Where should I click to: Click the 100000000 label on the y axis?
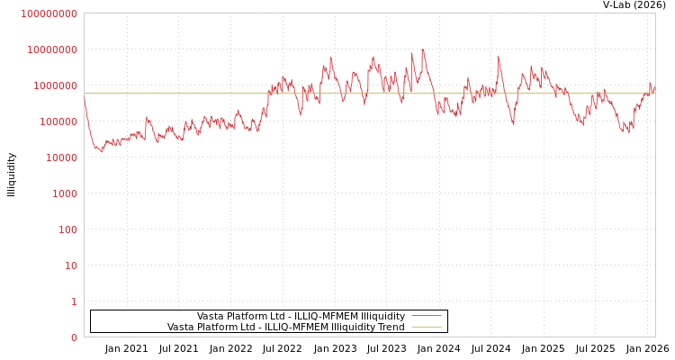(x=49, y=13)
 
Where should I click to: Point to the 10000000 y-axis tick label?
(x=52, y=49)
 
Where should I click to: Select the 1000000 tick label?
(x=55, y=85)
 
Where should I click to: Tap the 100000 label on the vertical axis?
(x=58, y=121)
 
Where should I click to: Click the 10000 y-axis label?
(x=60, y=157)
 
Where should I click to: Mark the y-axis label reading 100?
(x=67, y=229)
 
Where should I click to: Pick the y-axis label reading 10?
(x=70, y=265)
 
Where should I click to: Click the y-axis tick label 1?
(x=74, y=301)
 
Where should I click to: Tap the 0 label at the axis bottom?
(x=74, y=337)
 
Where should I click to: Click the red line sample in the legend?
(x=426, y=316)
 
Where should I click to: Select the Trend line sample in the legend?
(x=426, y=328)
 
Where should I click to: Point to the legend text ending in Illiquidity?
(x=301, y=316)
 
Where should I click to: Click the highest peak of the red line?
(x=422, y=49)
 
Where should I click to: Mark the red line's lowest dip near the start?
(x=101, y=151)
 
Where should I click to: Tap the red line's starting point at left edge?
(x=85, y=98)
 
